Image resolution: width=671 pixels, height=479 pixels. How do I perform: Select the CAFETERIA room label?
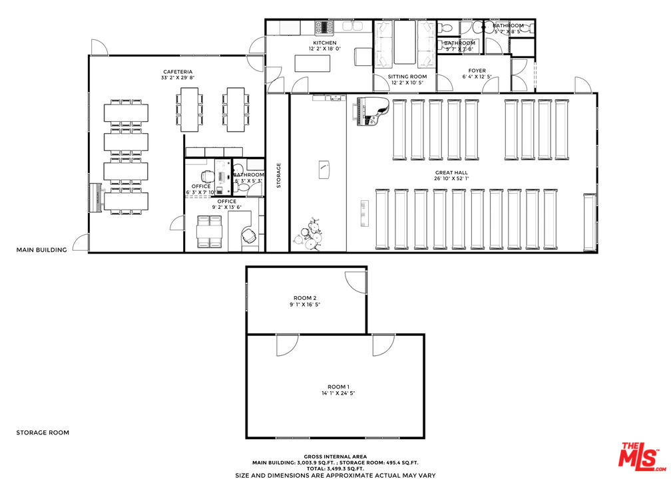point(178,71)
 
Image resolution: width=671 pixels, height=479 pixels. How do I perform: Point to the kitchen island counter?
point(313,63)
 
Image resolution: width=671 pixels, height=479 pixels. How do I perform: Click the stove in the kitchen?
point(326,27)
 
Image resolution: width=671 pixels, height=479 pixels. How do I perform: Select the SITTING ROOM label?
point(407,77)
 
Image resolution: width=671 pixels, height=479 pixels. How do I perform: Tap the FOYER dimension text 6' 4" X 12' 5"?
point(477,77)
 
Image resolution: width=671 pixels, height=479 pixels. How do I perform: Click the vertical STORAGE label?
point(279,175)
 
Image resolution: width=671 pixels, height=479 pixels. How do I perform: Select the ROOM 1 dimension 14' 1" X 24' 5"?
point(337,393)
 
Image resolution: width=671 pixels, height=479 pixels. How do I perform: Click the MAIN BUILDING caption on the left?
point(42,250)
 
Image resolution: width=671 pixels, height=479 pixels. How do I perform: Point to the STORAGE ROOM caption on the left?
point(43,432)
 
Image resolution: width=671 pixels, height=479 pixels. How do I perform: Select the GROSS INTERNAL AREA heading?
point(335,456)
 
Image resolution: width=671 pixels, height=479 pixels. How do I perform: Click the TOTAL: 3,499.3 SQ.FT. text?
point(335,468)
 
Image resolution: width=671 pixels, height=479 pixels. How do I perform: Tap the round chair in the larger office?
point(250,236)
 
